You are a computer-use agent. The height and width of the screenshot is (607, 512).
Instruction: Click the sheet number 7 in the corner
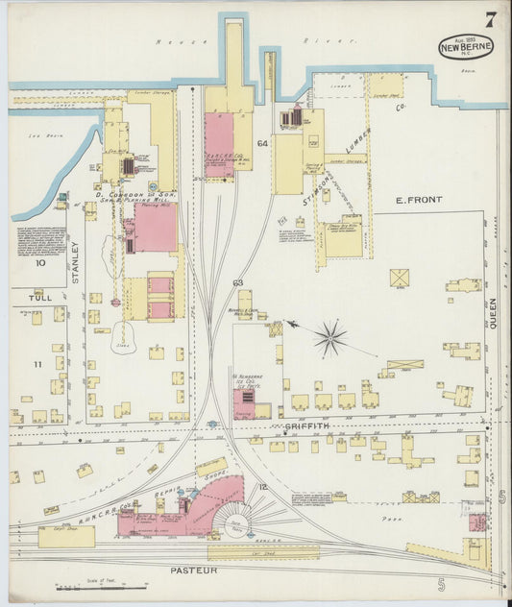pyautogui.click(x=490, y=19)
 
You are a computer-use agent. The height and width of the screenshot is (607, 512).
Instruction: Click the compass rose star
pyautogui.click(x=329, y=337)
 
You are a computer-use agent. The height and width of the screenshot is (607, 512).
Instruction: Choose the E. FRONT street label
pyautogui.click(x=419, y=200)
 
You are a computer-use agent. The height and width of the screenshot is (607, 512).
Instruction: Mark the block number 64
pyautogui.click(x=261, y=144)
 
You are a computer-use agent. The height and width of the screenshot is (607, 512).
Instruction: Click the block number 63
pyautogui.click(x=237, y=282)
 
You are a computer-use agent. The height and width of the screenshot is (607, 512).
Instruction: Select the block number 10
pyautogui.click(x=39, y=262)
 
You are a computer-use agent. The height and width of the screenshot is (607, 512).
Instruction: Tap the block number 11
pyautogui.click(x=37, y=365)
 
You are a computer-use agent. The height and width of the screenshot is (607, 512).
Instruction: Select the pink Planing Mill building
pyautogui.click(x=155, y=228)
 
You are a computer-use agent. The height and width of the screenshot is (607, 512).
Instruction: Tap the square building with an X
pyautogui.click(x=399, y=278)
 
